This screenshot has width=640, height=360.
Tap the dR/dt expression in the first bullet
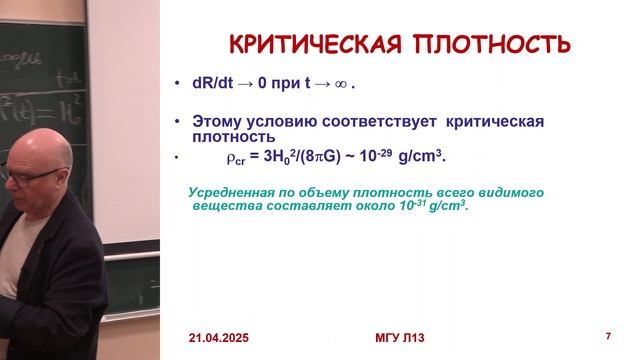pos(218,84)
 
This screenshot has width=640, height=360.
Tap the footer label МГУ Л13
pos(398,337)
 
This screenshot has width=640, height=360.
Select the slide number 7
pos(609,334)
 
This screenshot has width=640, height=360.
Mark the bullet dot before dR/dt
pos(177,85)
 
